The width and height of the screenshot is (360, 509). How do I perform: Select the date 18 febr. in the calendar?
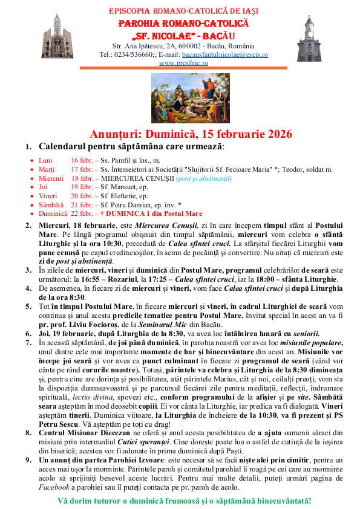(x=85, y=178)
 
